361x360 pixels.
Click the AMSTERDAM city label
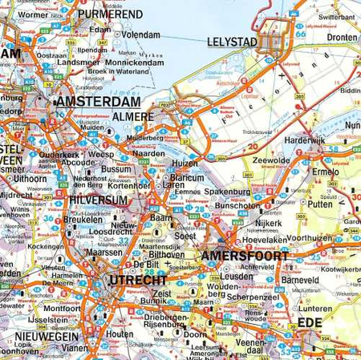click(x=96, y=103)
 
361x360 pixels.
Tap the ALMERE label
click(x=137, y=117)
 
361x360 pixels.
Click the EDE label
click(x=318, y=322)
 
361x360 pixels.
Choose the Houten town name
click(x=120, y=332)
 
